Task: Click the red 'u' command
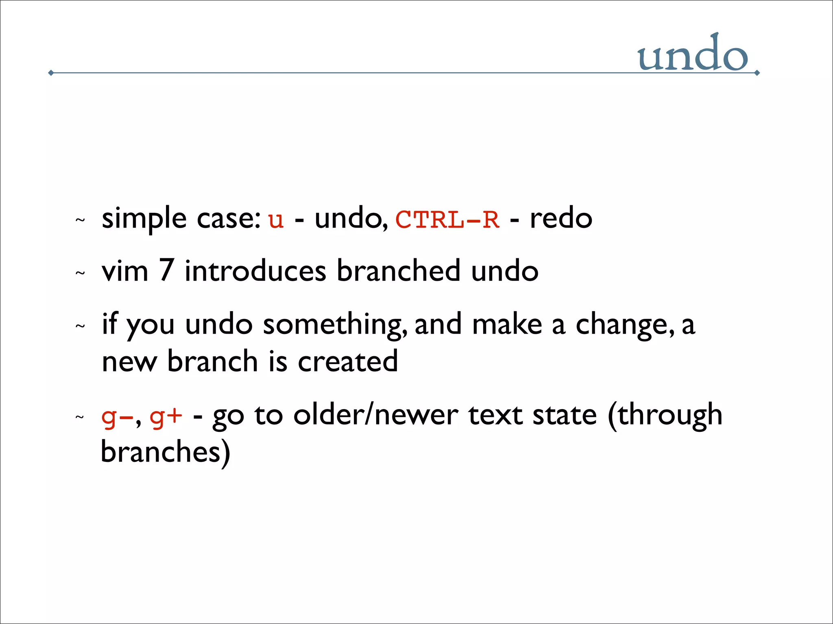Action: (276, 220)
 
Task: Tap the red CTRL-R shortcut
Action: (447, 220)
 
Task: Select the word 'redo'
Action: (561, 218)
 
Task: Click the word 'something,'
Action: (335, 325)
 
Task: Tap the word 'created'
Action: (348, 361)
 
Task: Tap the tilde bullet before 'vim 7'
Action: (80, 273)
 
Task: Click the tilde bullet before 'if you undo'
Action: (80, 326)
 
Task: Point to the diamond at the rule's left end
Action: (51, 73)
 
